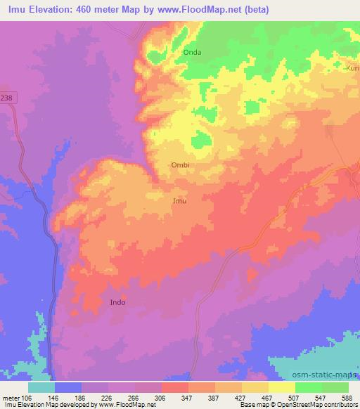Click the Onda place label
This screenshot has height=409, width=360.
pos(192,53)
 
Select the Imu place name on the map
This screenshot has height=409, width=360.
pos(180,201)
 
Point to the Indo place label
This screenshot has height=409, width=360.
pos(118,302)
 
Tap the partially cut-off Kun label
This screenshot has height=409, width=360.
pos(352,68)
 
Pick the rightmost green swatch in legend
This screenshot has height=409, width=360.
pos(335,387)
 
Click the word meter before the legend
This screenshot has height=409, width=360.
pos(11,397)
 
